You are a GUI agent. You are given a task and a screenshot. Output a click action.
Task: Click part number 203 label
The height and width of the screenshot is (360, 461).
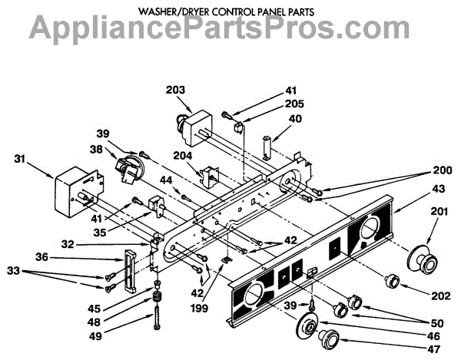[176, 89]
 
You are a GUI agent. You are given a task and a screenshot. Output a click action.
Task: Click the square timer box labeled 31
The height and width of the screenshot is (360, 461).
[72, 193]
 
